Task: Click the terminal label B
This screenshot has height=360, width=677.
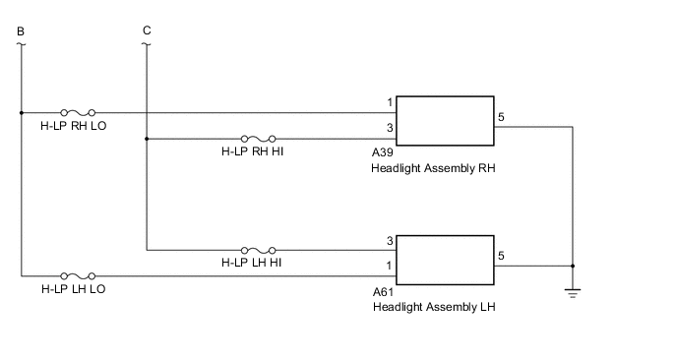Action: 21,30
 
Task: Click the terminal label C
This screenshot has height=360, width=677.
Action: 147,30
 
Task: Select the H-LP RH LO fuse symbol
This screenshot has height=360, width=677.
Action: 78,112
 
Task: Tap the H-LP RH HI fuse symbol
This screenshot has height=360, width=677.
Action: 258,139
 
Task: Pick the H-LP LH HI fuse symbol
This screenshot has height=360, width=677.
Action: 258,250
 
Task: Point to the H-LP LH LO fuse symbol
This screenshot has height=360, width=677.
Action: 78,276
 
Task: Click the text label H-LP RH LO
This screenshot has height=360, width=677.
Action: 74,126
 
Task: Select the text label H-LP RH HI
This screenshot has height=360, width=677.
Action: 254,152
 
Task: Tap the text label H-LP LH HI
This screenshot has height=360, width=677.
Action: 253,264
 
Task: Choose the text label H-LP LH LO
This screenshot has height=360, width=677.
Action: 74,290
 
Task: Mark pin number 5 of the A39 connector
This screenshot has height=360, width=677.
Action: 502,118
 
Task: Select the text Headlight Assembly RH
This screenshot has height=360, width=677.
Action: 433,168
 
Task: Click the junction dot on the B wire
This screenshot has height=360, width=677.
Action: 21,112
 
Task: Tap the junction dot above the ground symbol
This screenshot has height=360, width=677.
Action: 573,266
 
